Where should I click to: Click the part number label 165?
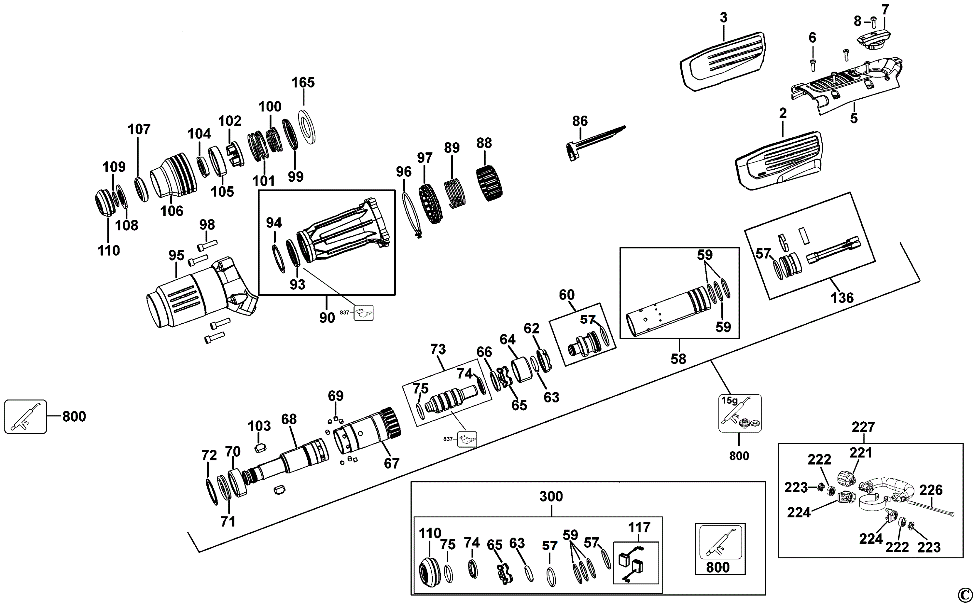303,83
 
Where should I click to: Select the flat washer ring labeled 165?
307,127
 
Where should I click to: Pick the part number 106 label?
172,211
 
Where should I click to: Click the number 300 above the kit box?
551,497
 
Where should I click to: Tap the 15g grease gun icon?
740,414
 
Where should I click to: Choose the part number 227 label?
863,427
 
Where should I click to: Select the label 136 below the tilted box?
842,298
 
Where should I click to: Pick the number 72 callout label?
209,455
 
